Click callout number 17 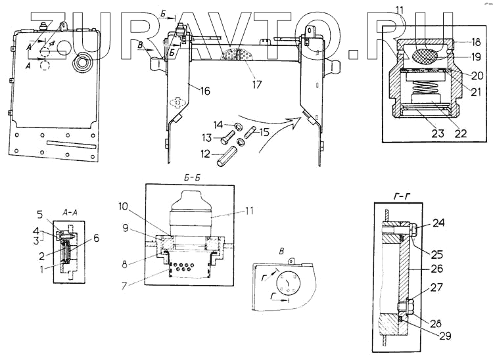257,85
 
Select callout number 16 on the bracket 205,91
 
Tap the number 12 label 205,154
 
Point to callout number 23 438,133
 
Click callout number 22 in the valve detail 461,133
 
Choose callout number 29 445,336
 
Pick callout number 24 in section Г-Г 438,223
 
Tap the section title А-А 69,213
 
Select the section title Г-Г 402,197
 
